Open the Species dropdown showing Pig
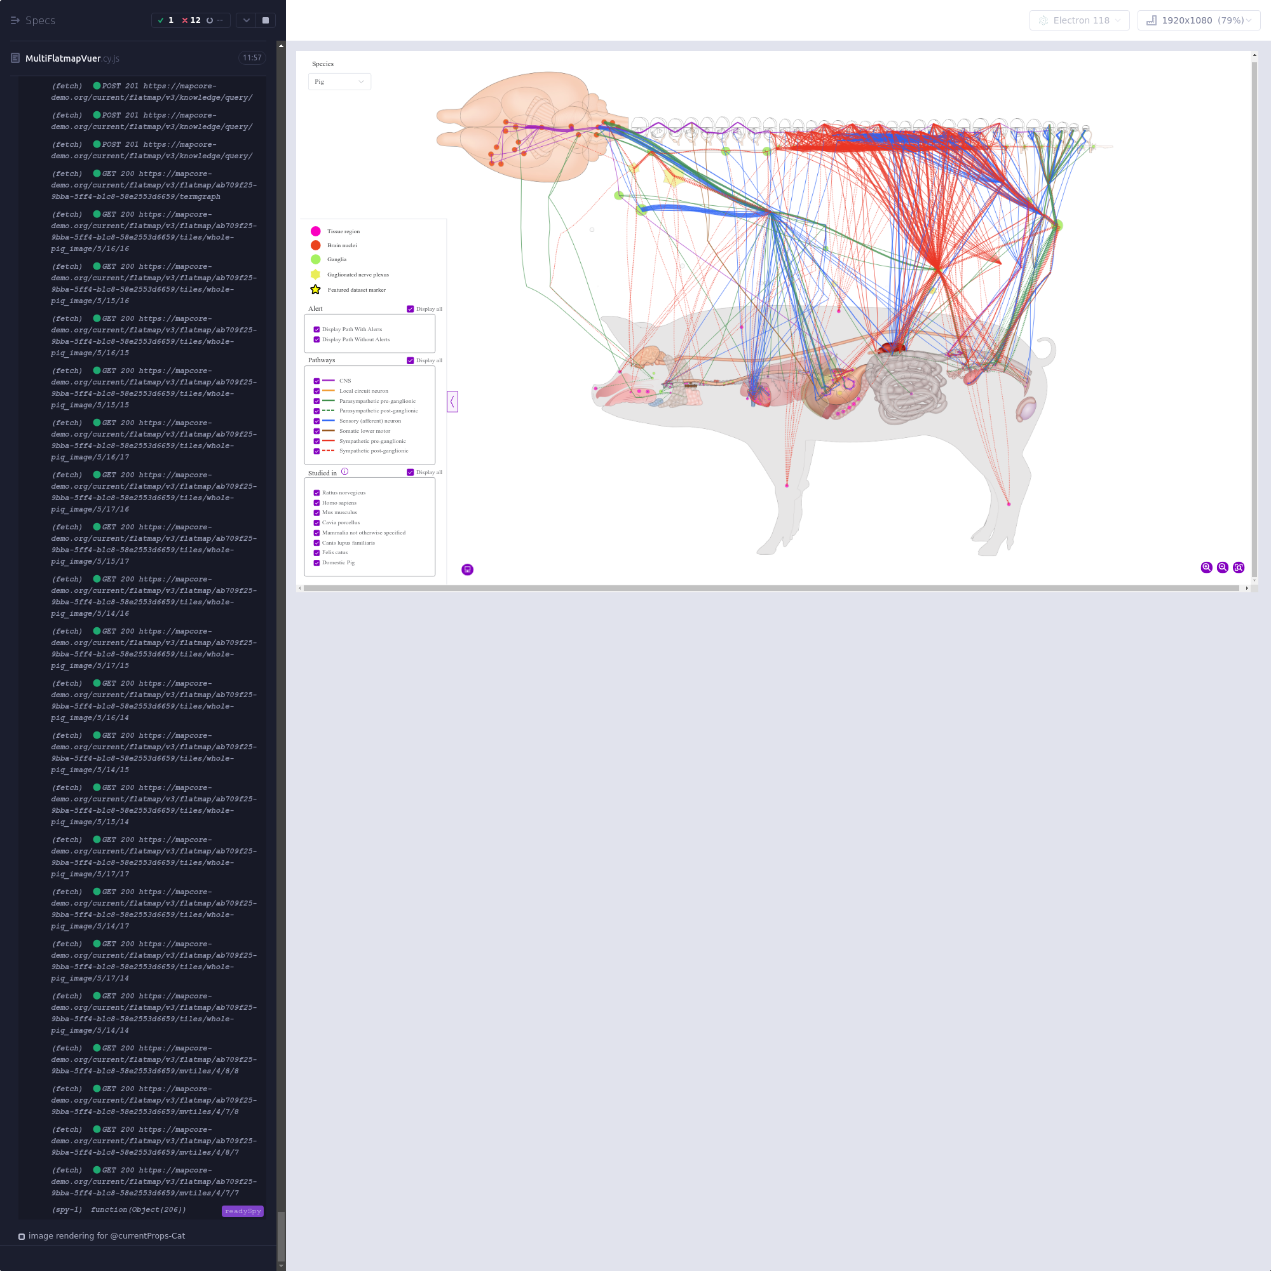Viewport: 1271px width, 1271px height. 339,81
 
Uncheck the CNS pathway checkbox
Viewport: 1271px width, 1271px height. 316,381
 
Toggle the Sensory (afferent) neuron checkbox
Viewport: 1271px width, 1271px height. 316,421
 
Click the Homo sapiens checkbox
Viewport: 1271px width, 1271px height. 316,503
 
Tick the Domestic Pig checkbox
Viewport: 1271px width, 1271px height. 316,562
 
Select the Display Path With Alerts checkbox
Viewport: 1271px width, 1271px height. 316,330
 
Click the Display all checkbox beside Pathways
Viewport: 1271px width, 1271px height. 411,360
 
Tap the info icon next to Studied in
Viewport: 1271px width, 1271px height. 344,472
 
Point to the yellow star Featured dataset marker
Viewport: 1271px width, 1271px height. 316,289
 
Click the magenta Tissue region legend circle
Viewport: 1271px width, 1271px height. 316,231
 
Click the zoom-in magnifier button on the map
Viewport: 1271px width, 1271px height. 1207,567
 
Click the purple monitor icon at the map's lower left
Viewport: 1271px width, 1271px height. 468,569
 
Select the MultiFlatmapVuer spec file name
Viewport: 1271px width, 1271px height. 63,58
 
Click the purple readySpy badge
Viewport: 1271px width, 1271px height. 243,1211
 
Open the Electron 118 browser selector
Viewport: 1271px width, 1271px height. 1080,20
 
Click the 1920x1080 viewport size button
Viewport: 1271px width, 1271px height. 1199,20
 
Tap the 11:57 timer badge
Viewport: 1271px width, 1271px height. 252,58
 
